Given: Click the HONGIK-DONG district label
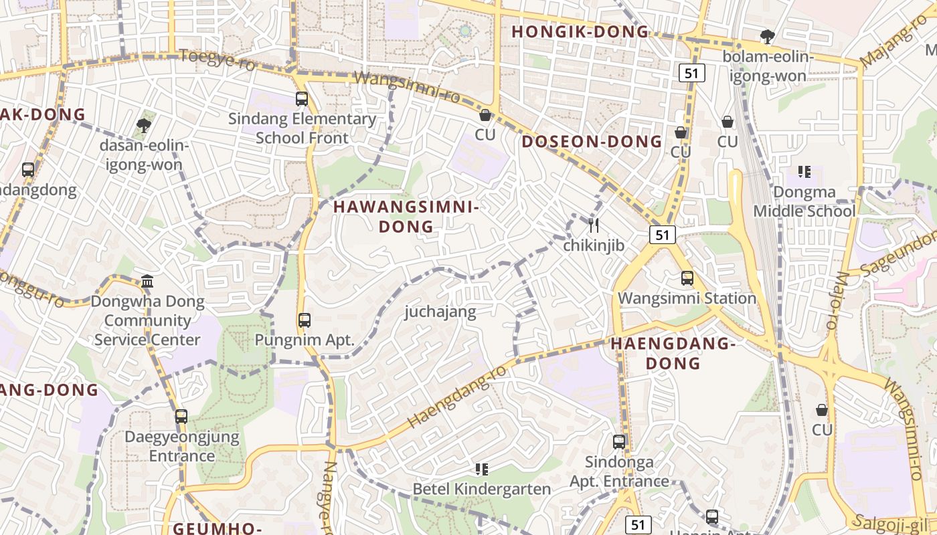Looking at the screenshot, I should [580, 31].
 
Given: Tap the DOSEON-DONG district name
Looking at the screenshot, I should [592, 142].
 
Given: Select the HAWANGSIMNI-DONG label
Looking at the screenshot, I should [406, 217].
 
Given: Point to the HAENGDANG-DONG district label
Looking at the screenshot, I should [673, 353].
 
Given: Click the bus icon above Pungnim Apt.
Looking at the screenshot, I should [305, 320].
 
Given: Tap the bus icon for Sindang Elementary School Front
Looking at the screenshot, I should [302, 99].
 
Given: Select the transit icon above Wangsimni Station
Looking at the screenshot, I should [687, 278].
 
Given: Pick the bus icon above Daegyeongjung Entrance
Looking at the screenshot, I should [181, 417].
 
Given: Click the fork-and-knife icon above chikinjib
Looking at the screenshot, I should [593, 225].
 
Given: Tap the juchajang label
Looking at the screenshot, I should [440, 312].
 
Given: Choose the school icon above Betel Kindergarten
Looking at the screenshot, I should [481, 469].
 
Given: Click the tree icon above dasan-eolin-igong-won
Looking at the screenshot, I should [143, 125].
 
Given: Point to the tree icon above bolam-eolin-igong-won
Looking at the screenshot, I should [767, 37].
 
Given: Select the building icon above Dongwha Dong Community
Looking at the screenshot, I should [147, 282].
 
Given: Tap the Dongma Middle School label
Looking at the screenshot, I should [804, 202].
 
